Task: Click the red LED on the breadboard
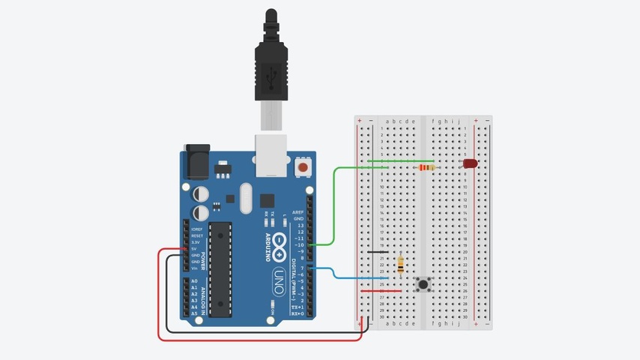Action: pos(470,163)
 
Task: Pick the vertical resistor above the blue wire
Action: pos(402,264)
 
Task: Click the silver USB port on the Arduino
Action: pos(271,154)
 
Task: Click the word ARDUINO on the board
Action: pos(267,247)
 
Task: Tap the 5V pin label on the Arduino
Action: pos(196,249)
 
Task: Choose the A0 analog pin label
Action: pos(195,281)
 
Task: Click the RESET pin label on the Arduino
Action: pos(196,236)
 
